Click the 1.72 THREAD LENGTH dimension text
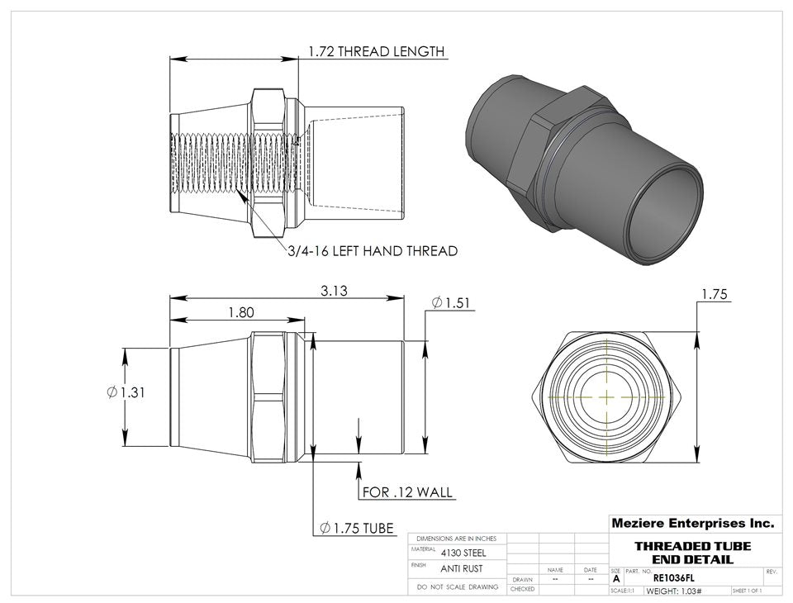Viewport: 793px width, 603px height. click(x=376, y=51)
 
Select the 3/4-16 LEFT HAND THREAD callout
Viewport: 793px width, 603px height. click(x=372, y=250)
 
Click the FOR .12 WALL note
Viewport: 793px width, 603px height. click(x=408, y=492)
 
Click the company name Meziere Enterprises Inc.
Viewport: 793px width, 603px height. click(x=692, y=523)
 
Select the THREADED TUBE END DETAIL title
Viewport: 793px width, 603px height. click(x=692, y=553)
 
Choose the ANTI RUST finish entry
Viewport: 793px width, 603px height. click(x=461, y=568)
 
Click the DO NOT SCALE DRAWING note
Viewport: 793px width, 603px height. click(x=458, y=586)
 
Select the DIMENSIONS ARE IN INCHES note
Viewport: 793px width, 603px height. click(x=457, y=539)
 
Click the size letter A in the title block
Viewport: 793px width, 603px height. click(x=616, y=579)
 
